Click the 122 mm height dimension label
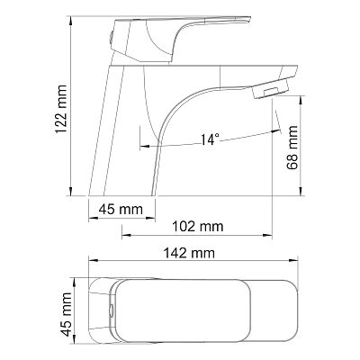(x=62, y=110)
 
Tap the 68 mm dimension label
(x=292, y=148)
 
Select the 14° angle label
(x=210, y=139)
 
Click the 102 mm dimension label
(x=197, y=226)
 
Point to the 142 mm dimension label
(x=189, y=253)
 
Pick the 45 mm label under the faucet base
(x=121, y=209)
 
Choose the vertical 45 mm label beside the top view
(x=66, y=314)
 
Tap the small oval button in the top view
(x=112, y=310)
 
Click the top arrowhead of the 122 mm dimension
(x=71, y=20)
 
